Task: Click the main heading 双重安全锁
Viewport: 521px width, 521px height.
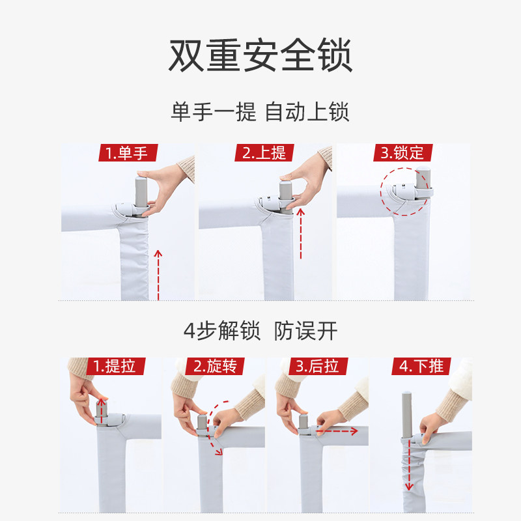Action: click(x=260, y=56)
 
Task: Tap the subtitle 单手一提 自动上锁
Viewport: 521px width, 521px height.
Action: click(x=260, y=111)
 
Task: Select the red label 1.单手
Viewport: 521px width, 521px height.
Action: click(x=127, y=153)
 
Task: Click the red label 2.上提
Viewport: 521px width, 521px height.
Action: click(x=264, y=153)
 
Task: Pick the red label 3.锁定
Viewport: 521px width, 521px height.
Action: click(x=402, y=153)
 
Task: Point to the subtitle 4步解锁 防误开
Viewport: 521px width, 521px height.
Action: click(x=260, y=331)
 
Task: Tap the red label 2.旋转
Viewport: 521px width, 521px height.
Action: click(x=215, y=366)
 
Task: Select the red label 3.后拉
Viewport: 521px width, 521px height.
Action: click(x=317, y=366)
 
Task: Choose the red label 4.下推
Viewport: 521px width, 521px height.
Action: click(x=421, y=366)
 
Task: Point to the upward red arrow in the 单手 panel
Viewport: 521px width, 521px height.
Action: click(x=158, y=274)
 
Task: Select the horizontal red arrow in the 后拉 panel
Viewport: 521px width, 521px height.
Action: click(x=336, y=430)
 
